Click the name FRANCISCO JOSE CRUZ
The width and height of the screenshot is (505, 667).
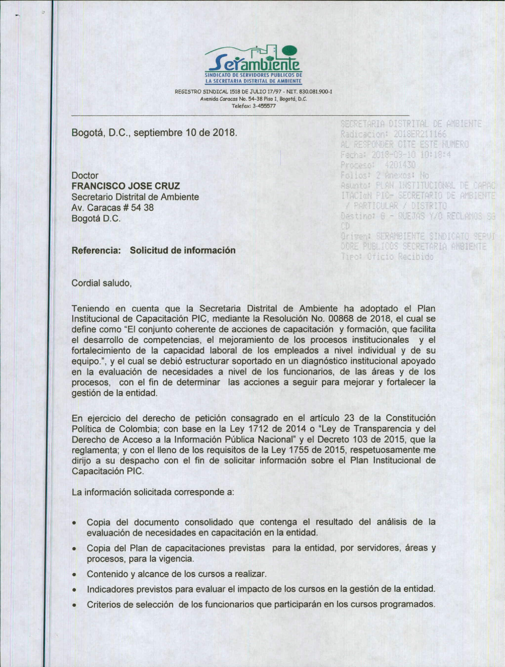point(126,186)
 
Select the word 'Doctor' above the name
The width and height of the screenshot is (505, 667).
point(85,175)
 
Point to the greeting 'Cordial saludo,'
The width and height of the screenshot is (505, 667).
point(102,283)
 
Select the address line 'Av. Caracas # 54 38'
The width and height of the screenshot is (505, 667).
point(113,208)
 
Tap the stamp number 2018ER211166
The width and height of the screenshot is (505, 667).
point(420,134)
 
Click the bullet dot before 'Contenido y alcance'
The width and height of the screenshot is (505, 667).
point(74,575)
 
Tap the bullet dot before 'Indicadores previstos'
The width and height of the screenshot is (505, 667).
point(74,590)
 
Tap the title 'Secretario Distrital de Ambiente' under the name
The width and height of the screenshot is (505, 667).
point(135,197)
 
